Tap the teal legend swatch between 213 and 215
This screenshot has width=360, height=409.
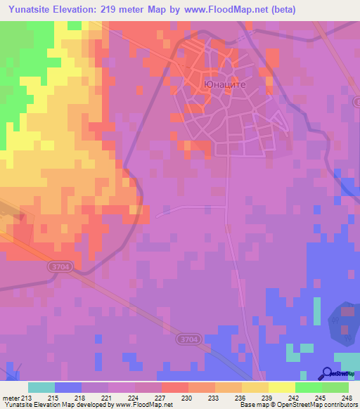41,387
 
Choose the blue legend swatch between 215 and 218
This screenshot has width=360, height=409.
67,387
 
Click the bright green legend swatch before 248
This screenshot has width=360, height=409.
335,387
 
